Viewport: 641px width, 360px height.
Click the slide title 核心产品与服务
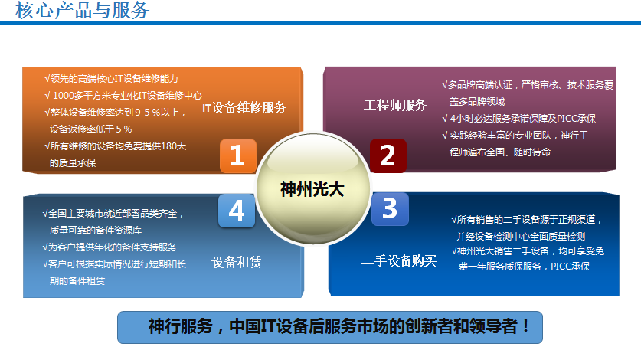pos(83,11)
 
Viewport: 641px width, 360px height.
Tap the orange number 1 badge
pos(237,155)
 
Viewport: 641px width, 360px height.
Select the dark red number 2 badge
pos(388,155)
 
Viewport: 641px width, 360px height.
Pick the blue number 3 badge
pos(390,209)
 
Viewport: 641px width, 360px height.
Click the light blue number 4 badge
pos(236,211)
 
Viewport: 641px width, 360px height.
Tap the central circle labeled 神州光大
pos(312,188)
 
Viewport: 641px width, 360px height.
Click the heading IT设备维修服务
pos(244,108)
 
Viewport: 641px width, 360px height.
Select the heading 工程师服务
pos(394,105)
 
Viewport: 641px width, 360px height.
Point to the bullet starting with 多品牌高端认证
pos(528,84)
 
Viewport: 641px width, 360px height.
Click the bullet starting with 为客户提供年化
pos(110,247)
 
